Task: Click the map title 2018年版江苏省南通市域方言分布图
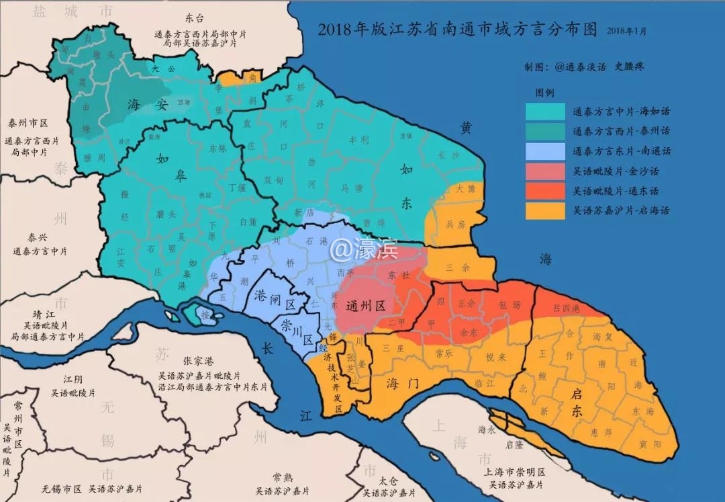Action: [x=457, y=30]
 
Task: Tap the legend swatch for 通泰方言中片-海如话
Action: [x=544, y=112]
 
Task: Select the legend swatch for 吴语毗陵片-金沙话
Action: [x=544, y=171]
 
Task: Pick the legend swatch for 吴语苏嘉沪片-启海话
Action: [x=544, y=210]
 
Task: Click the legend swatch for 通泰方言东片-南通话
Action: [x=544, y=151]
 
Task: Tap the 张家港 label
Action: [x=199, y=362]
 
